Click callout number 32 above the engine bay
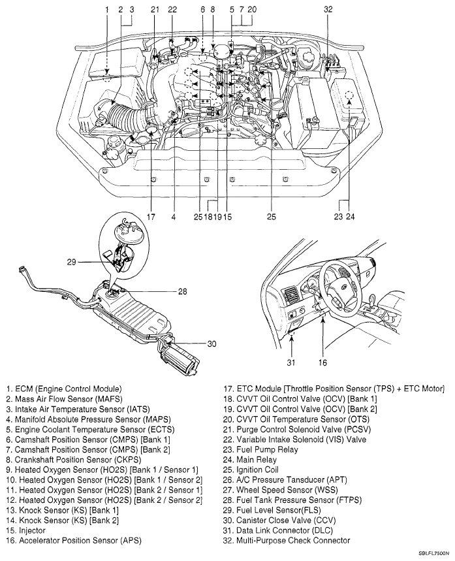[328, 9]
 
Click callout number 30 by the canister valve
[212, 345]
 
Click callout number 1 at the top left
[106, 9]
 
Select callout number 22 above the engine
[172, 9]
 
